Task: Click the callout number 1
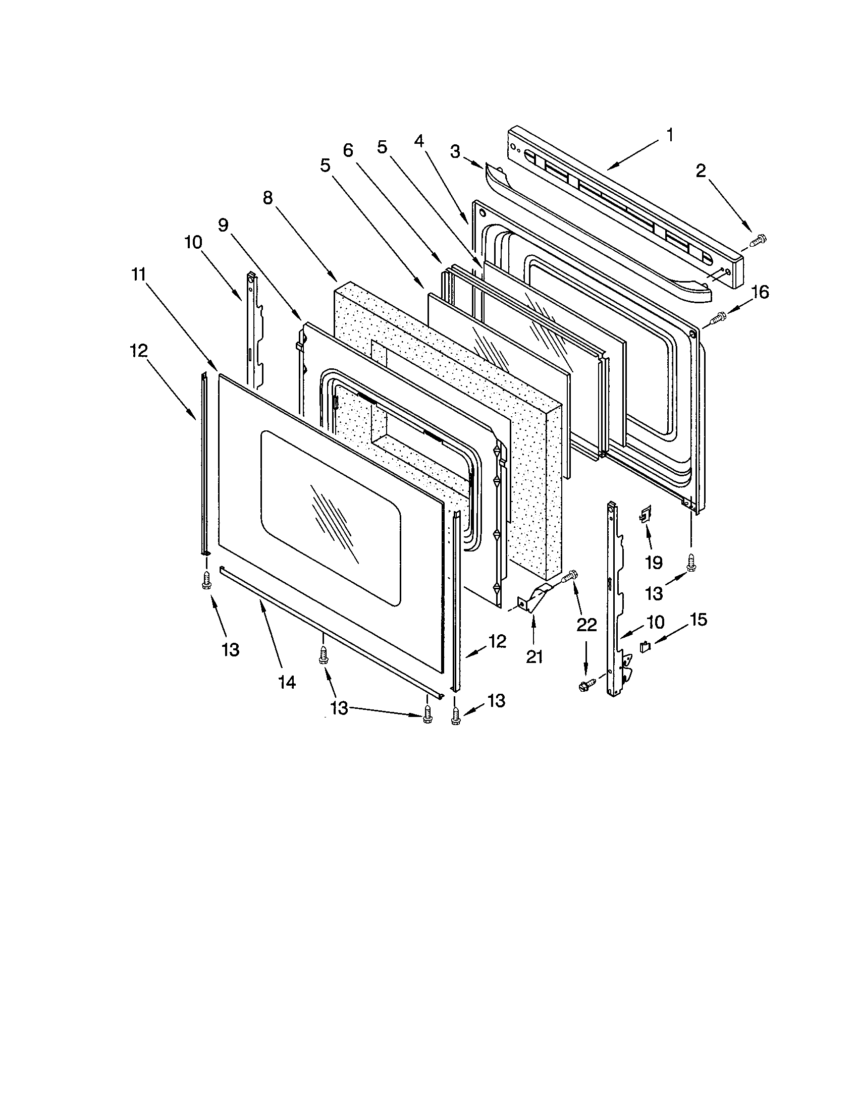(x=669, y=135)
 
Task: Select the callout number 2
(x=701, y=171)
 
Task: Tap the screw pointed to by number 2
(x=759, y=238)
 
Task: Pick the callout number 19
(x=654, y=562)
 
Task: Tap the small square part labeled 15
(x=645, y=646)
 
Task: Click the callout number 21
(x=533, y=657)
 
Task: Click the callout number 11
(x=138, y=274)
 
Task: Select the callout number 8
(x=268, y=198)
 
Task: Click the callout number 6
(x=348, y=150)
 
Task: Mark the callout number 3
(x=455, y=150)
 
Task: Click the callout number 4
(x=418, y=141)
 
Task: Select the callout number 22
(x=586, y=625)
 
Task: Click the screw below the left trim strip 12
(x=206, y=579)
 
